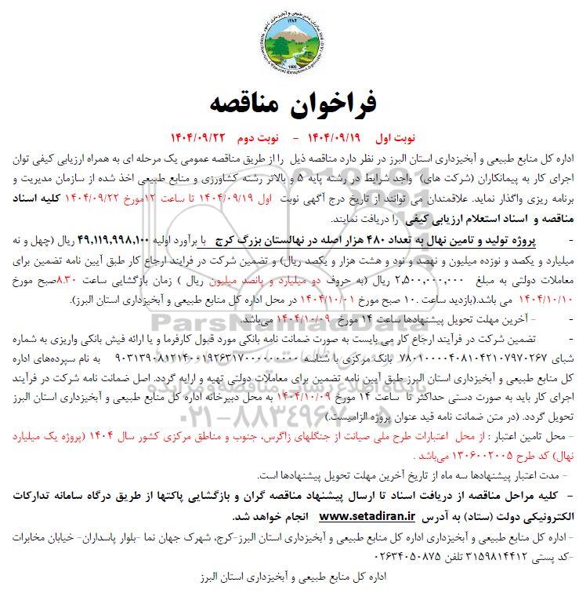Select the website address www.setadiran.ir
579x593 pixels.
click(371, 518)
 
